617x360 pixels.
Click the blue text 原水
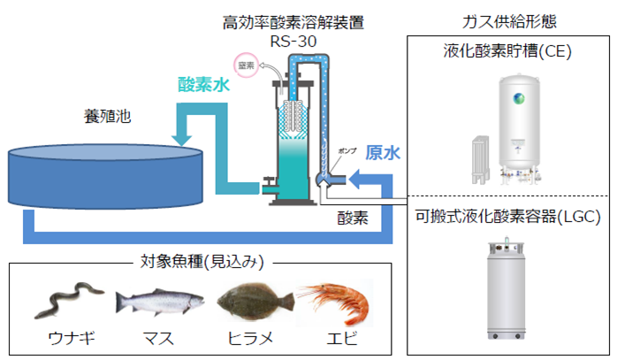click(x=383, y=152)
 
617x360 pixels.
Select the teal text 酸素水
click(x=204, y=85)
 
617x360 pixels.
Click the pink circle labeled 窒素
click(x=245, y=65)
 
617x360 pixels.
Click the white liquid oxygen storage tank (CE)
click(x=522, y=122)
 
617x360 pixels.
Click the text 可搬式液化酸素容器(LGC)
click(x=507, y=217)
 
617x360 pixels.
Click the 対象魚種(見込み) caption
click(x=203, y=262)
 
